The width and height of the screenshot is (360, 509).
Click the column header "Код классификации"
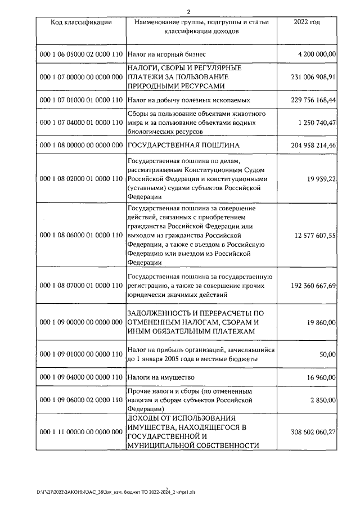coord(80,22)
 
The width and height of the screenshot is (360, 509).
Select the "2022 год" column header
coord(307,22)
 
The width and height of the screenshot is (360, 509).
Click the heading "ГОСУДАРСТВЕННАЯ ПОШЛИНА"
coord(184,145)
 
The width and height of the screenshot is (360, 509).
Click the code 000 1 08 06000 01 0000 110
coord(81,235)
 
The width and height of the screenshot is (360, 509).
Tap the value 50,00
coord(327,354)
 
